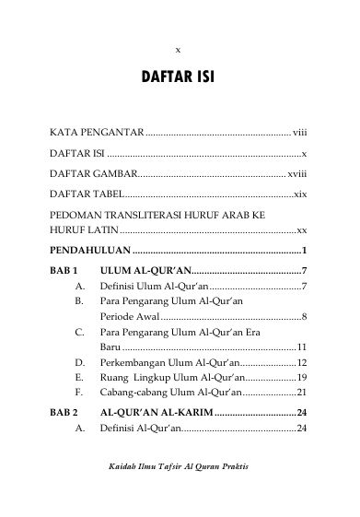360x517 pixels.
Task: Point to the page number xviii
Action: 296,172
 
